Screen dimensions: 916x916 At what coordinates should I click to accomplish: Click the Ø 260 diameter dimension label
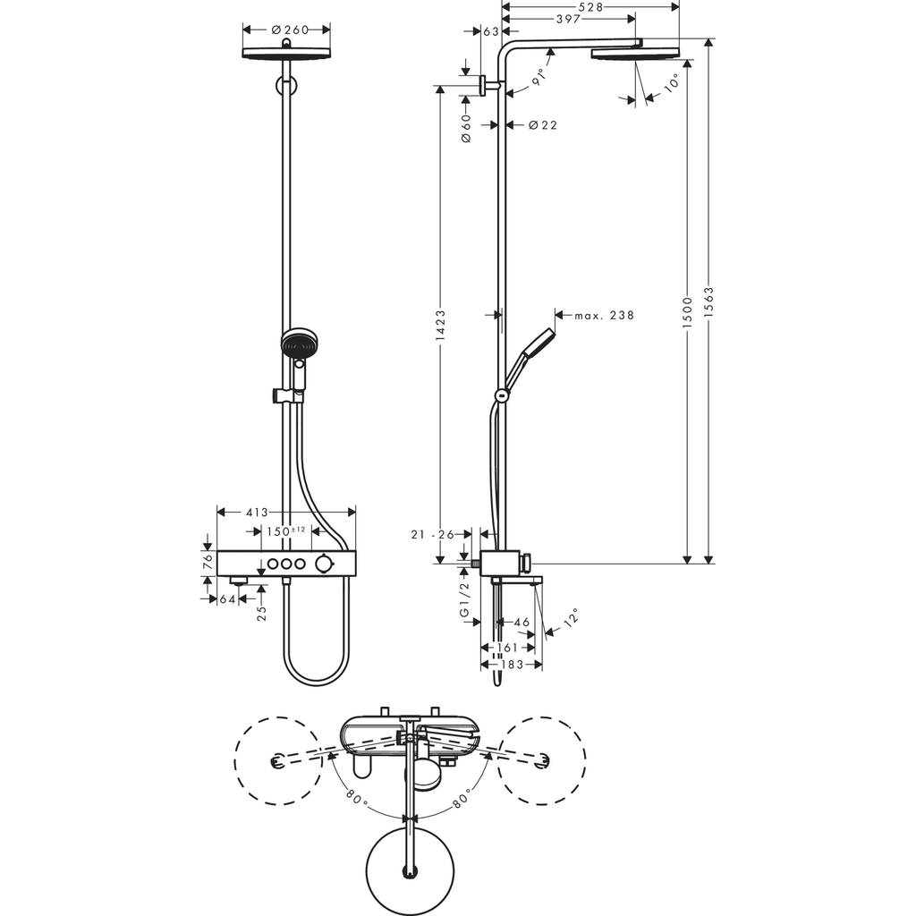point(288,30)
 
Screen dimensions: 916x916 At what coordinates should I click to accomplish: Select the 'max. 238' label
point(604,315)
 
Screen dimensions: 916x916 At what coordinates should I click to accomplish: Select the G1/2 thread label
point(464,598)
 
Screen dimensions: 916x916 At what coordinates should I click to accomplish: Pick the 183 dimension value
point(512,665)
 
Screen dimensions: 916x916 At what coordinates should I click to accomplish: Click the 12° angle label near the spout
point(570,618)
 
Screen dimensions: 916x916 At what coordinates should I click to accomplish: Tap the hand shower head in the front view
point(298,345)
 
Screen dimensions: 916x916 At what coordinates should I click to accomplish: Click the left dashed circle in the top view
point(277,760)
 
